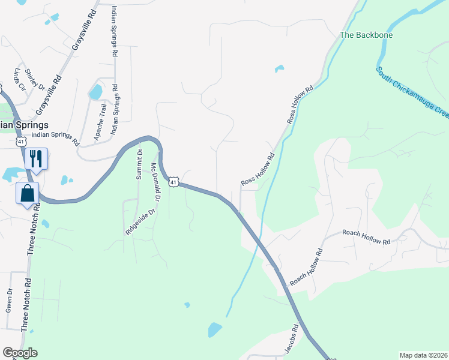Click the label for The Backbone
366,35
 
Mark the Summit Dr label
140,164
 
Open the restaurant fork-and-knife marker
35,159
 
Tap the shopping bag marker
28,193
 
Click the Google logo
20,353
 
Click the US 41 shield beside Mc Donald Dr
173,181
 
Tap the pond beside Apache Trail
95,92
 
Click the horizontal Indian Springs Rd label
55,139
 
